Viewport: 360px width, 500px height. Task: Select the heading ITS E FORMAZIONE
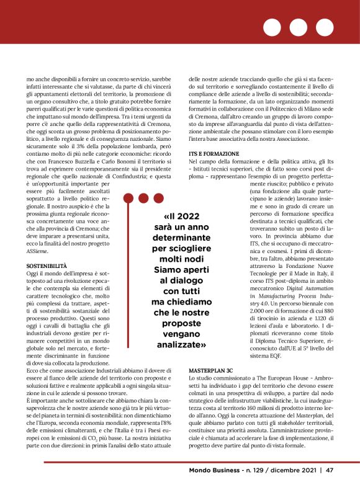pos(214,153)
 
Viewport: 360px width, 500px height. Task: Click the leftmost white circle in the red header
pos(272,27)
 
